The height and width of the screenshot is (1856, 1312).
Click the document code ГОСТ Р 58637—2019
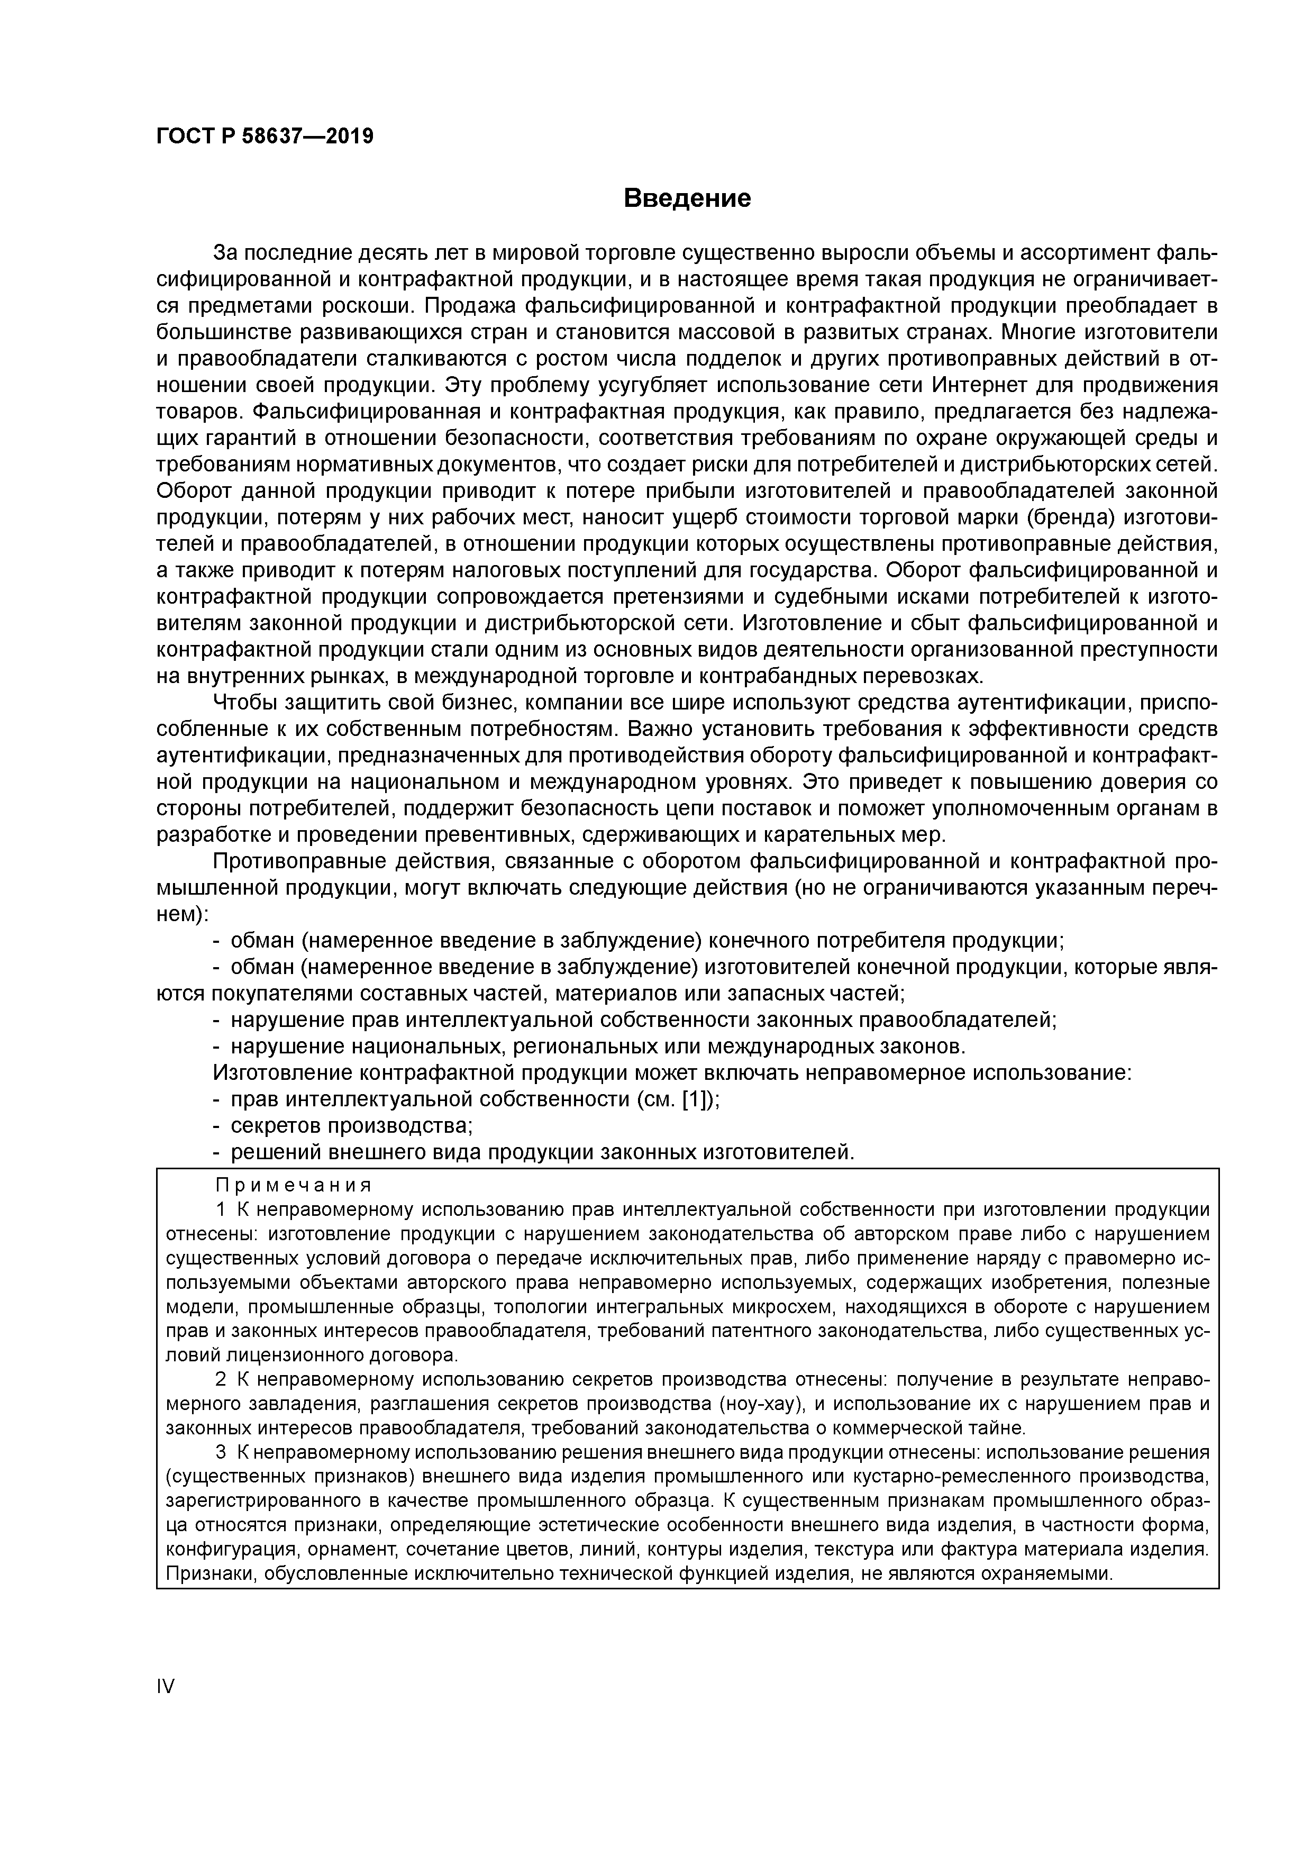point(265,136)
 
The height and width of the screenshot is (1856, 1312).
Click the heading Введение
point(687,198)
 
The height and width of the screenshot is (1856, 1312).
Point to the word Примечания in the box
point(294,1185)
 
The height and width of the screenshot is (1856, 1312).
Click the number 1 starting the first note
point(222,1209)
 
